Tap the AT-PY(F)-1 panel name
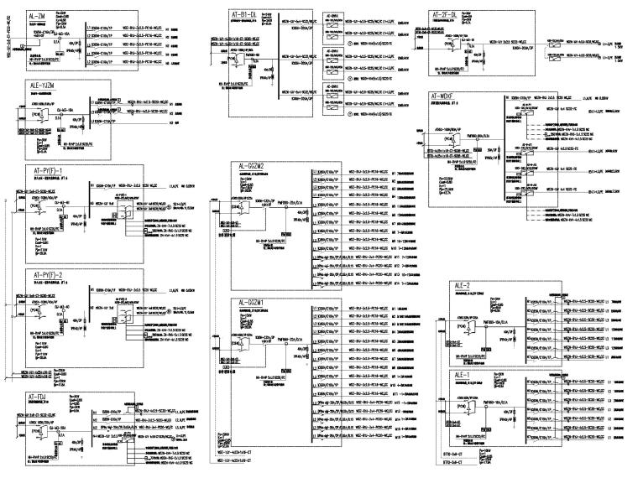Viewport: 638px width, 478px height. point(52,172)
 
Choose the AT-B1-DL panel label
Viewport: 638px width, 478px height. point(252,15)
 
